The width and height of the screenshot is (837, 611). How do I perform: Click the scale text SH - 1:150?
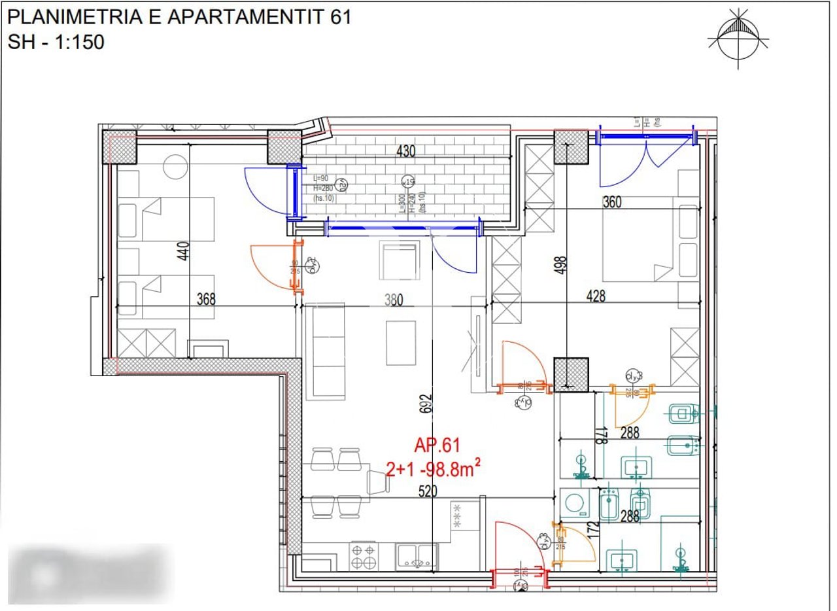point(56,42)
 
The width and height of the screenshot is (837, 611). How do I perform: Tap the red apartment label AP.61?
point(437,446)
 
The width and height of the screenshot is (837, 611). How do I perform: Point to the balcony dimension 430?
point(406,151)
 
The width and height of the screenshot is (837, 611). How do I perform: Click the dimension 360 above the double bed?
point(612,202)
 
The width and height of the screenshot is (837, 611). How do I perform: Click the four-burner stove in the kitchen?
point(364,556)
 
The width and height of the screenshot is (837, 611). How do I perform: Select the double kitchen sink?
point(417,557)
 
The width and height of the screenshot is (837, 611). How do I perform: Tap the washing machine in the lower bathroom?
point(575,504)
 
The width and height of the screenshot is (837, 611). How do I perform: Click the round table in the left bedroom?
point(175,167)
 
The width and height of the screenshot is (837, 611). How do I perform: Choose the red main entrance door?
point(519,550)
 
